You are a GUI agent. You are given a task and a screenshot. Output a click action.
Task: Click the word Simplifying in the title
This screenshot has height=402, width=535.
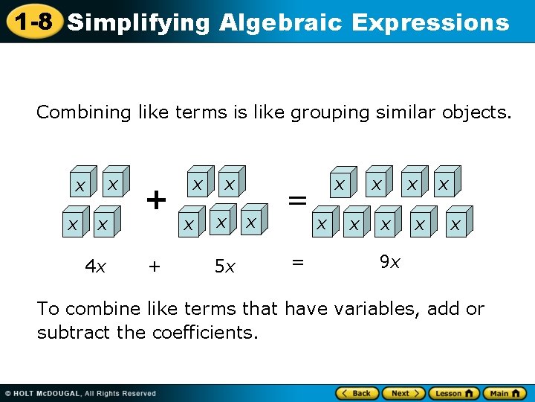coord(138,23)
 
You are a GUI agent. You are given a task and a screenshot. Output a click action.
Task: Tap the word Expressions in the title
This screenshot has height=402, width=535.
coord(430,23)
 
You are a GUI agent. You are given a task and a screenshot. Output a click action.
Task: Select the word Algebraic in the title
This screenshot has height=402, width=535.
coord(282,23)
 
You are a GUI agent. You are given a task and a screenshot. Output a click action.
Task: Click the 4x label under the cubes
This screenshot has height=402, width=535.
coord(94,266)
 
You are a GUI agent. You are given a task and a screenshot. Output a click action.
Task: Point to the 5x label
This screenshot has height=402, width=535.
coord(224,266)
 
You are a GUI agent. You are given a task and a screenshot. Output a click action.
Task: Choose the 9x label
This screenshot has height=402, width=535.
coord(389,261)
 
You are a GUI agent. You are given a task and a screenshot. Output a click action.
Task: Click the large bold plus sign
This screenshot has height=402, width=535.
coord(155,200)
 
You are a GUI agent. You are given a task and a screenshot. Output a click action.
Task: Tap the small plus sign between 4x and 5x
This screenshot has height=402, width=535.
coord(155,266)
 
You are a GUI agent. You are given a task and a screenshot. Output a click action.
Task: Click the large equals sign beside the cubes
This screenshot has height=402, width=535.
coord(297,200)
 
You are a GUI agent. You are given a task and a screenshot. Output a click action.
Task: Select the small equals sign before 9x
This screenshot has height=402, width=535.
coord(298,261)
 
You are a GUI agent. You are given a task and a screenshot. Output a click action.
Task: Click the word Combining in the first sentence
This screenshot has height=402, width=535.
coord(84,112)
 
